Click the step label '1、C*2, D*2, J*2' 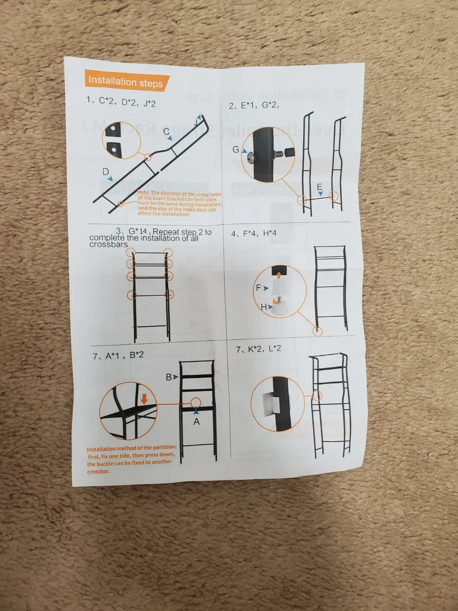pos(121,102)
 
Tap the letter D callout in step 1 pos(106,172)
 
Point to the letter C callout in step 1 pos(167,132)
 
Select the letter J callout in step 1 pos(196,122)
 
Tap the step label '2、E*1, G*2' pos(254,105)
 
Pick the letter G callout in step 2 pos(236,149)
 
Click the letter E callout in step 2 pos(319,187)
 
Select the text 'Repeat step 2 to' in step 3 pos(182,232)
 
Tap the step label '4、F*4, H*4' pos(254,233)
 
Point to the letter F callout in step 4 pos(259,288)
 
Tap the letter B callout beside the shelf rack pos(169,377)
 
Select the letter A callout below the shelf pos(196,422)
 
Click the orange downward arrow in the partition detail pos(144,399)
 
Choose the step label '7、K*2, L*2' pos(259,349)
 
